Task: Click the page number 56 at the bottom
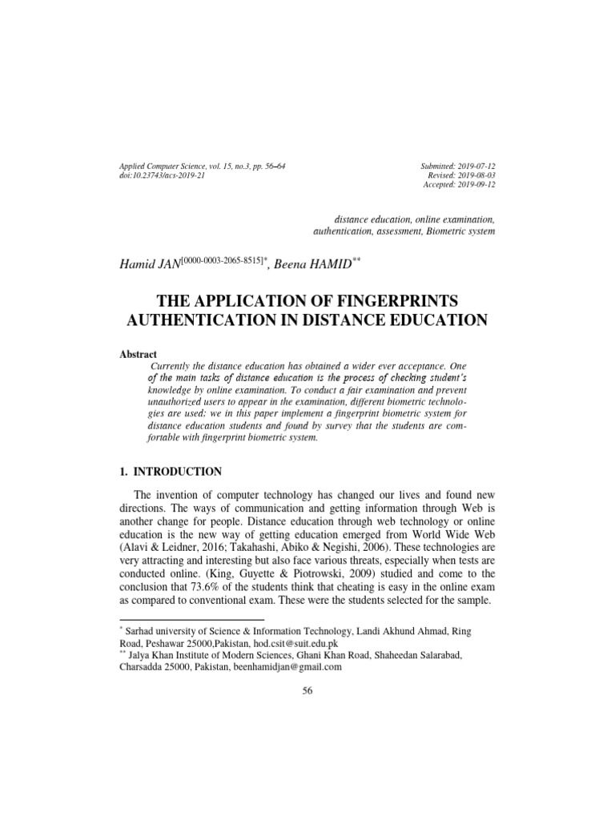click(x=307, y=692)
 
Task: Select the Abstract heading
click(x=138, y=354)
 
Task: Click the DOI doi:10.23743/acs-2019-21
click(x=162, y=175)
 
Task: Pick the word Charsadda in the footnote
click(x=144, y=666)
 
